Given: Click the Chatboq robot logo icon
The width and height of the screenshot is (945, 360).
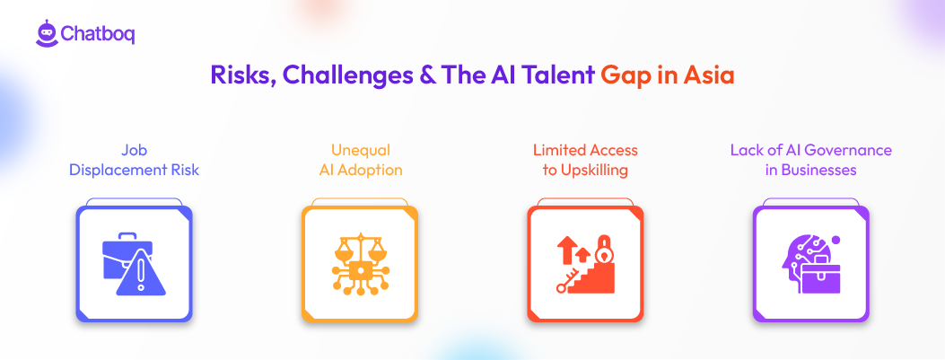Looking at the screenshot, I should [47, 32].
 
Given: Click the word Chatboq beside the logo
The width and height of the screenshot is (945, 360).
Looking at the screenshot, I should [98, 34].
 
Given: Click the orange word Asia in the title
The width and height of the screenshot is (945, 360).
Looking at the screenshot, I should [708, 75].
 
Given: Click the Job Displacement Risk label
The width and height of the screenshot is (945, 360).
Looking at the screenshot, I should [134, 160].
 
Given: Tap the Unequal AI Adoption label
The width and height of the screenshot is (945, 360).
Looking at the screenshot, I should [359, 160].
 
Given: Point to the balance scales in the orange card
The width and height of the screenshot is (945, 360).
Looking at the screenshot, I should [359, 249].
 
